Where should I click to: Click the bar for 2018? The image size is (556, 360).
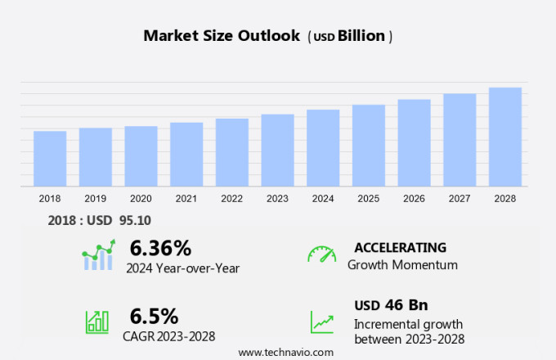[50, 159]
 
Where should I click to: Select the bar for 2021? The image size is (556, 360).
[186, 155]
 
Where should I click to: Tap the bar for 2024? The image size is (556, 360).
[323, 148]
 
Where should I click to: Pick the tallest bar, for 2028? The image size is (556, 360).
[505, 137]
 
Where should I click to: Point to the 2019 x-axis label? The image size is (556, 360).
[95, 199]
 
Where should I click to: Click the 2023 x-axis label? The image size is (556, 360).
[277, 199]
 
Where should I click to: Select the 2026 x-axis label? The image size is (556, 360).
[414, 199]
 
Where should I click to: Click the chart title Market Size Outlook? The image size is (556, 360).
[222, 36]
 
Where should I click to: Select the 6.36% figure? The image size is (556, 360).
[160, 248]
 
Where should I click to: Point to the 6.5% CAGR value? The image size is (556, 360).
[154, 316]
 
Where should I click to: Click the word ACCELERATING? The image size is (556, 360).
[400, 247]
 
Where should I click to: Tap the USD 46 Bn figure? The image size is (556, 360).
[391, 305]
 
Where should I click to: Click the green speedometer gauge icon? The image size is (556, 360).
[321, 254]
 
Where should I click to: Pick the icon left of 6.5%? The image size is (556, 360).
[97, 322]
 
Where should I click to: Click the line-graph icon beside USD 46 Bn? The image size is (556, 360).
[321, 322]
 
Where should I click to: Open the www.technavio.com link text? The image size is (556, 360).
[286, 352]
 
